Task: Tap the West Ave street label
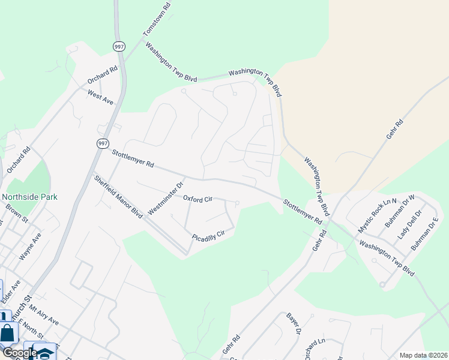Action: (100, 97)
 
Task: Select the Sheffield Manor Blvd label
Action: (118, 196)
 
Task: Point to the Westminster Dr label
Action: (164, 198)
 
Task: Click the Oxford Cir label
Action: (197, 199)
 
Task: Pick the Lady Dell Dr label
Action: (411, 224)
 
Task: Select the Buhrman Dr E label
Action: (425, 233)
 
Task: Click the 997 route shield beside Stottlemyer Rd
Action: (102, 143)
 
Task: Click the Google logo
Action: (19, 353)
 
